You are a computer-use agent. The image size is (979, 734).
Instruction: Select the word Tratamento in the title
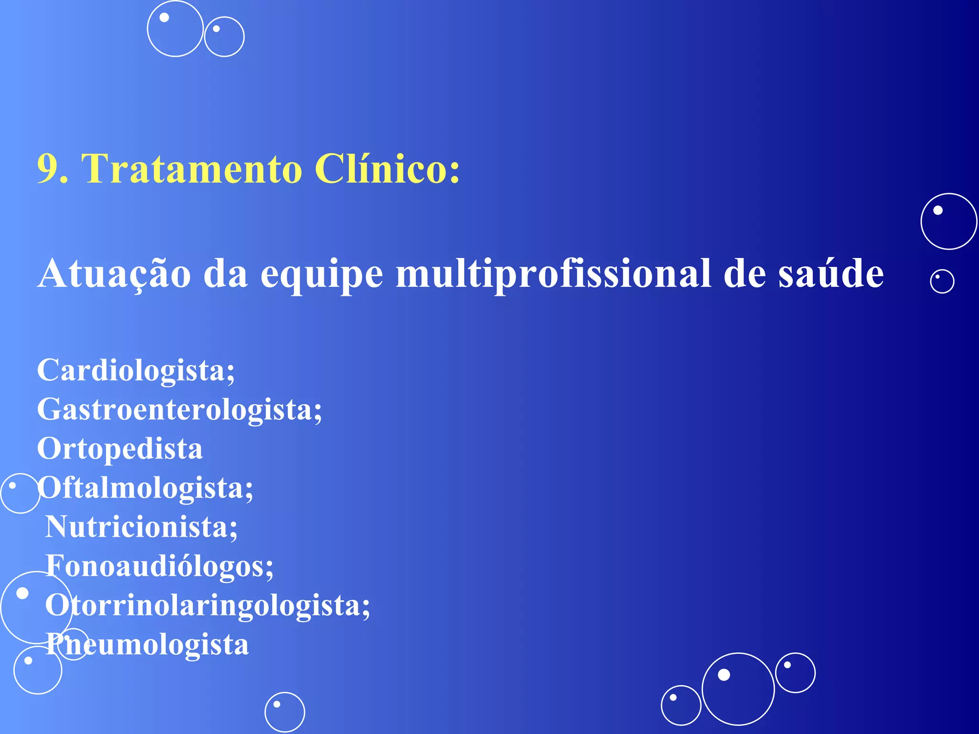click(x=191, y=169)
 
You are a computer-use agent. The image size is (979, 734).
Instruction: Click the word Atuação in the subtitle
click(x=114, y=274)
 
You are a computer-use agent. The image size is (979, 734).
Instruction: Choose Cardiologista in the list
click(x=136, y=370)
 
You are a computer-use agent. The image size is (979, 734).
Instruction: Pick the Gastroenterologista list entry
click(x=179, y=410)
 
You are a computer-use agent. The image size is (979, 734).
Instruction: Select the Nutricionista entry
click(x=141, y=527)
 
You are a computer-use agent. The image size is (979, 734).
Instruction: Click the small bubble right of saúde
click(x=942, y=281)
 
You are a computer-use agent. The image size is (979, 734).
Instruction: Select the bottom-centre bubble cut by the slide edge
click(x=284, y=712)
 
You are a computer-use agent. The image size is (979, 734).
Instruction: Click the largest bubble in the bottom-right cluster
click(x=738, y=689)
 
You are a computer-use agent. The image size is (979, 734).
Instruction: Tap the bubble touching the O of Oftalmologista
click(x=20, y=494)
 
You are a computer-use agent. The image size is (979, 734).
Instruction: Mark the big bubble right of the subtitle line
click(x=949, y=221)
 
